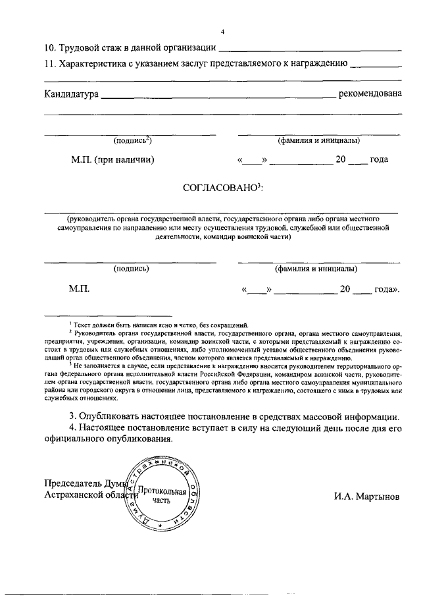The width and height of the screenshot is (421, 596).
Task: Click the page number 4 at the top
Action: pos(223,32)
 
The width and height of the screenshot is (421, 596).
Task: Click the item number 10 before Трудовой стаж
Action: pos(50,47)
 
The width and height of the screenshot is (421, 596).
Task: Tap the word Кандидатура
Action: pos(71,94)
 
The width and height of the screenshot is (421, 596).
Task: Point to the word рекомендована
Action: pos(369,94)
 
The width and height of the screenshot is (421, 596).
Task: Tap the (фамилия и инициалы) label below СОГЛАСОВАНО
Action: pos(316,269)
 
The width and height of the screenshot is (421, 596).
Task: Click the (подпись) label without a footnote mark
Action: pos(131,269)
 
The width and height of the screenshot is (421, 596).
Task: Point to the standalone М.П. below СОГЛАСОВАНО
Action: pos(78,288)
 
